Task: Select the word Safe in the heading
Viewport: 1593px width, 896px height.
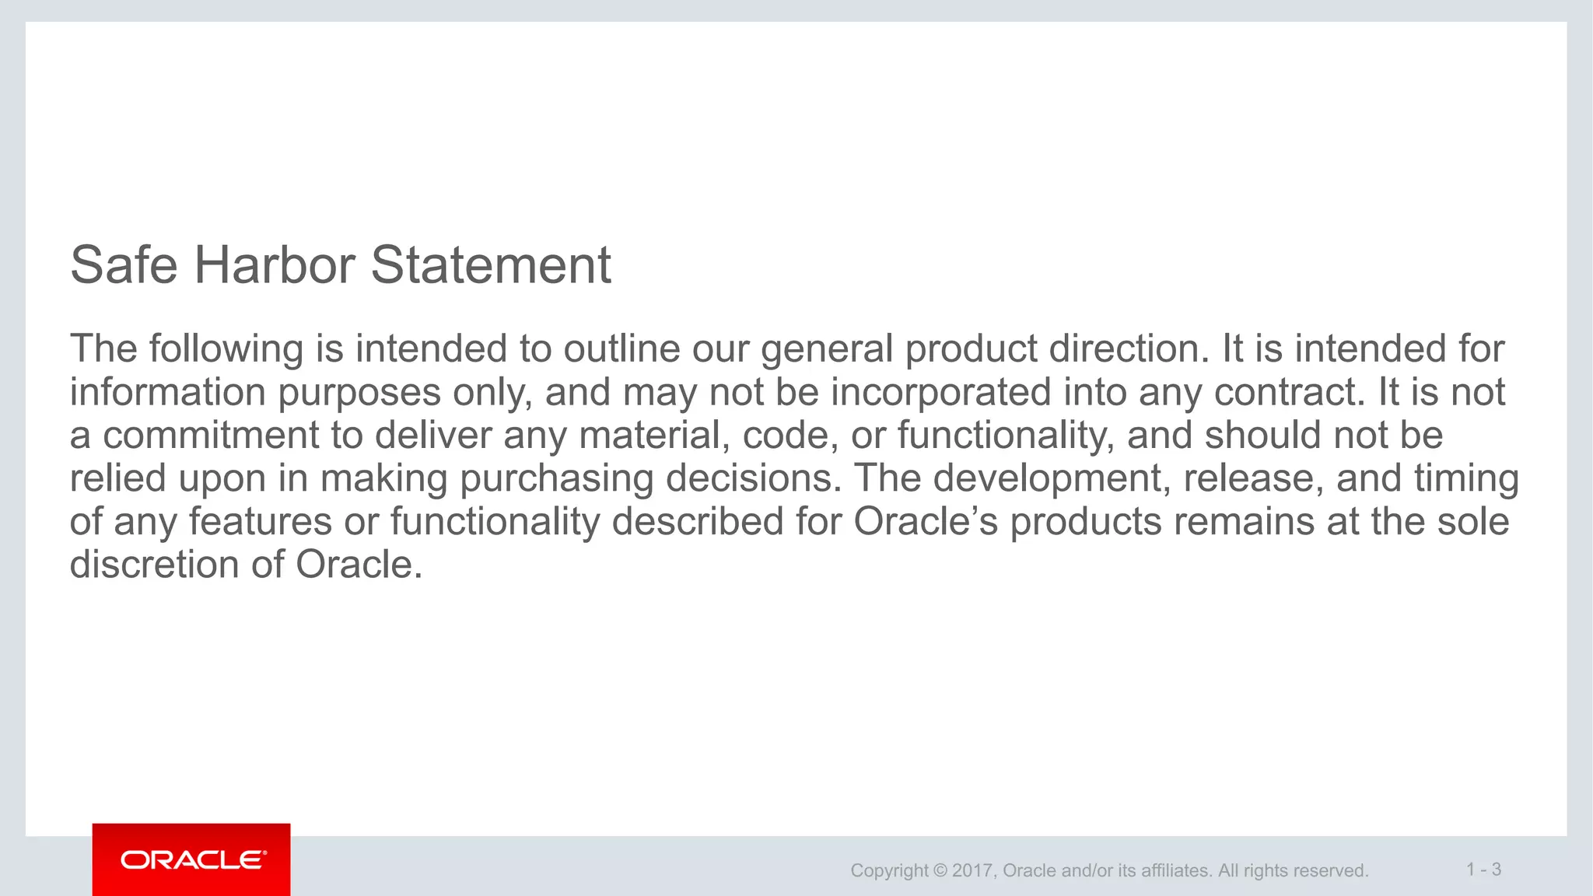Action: click(124, 265)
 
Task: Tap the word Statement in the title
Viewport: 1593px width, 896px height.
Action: click(491, 265)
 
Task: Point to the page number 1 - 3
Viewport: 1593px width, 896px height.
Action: click(1483, 870)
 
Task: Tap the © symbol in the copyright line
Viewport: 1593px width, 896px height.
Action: click(940, 870)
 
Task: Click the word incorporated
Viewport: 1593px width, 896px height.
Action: click(940, 392)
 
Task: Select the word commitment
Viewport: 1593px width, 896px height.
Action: click(211, 435)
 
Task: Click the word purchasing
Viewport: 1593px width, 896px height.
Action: click(556, 479)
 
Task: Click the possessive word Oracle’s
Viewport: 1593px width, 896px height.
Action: click(925, 521)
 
